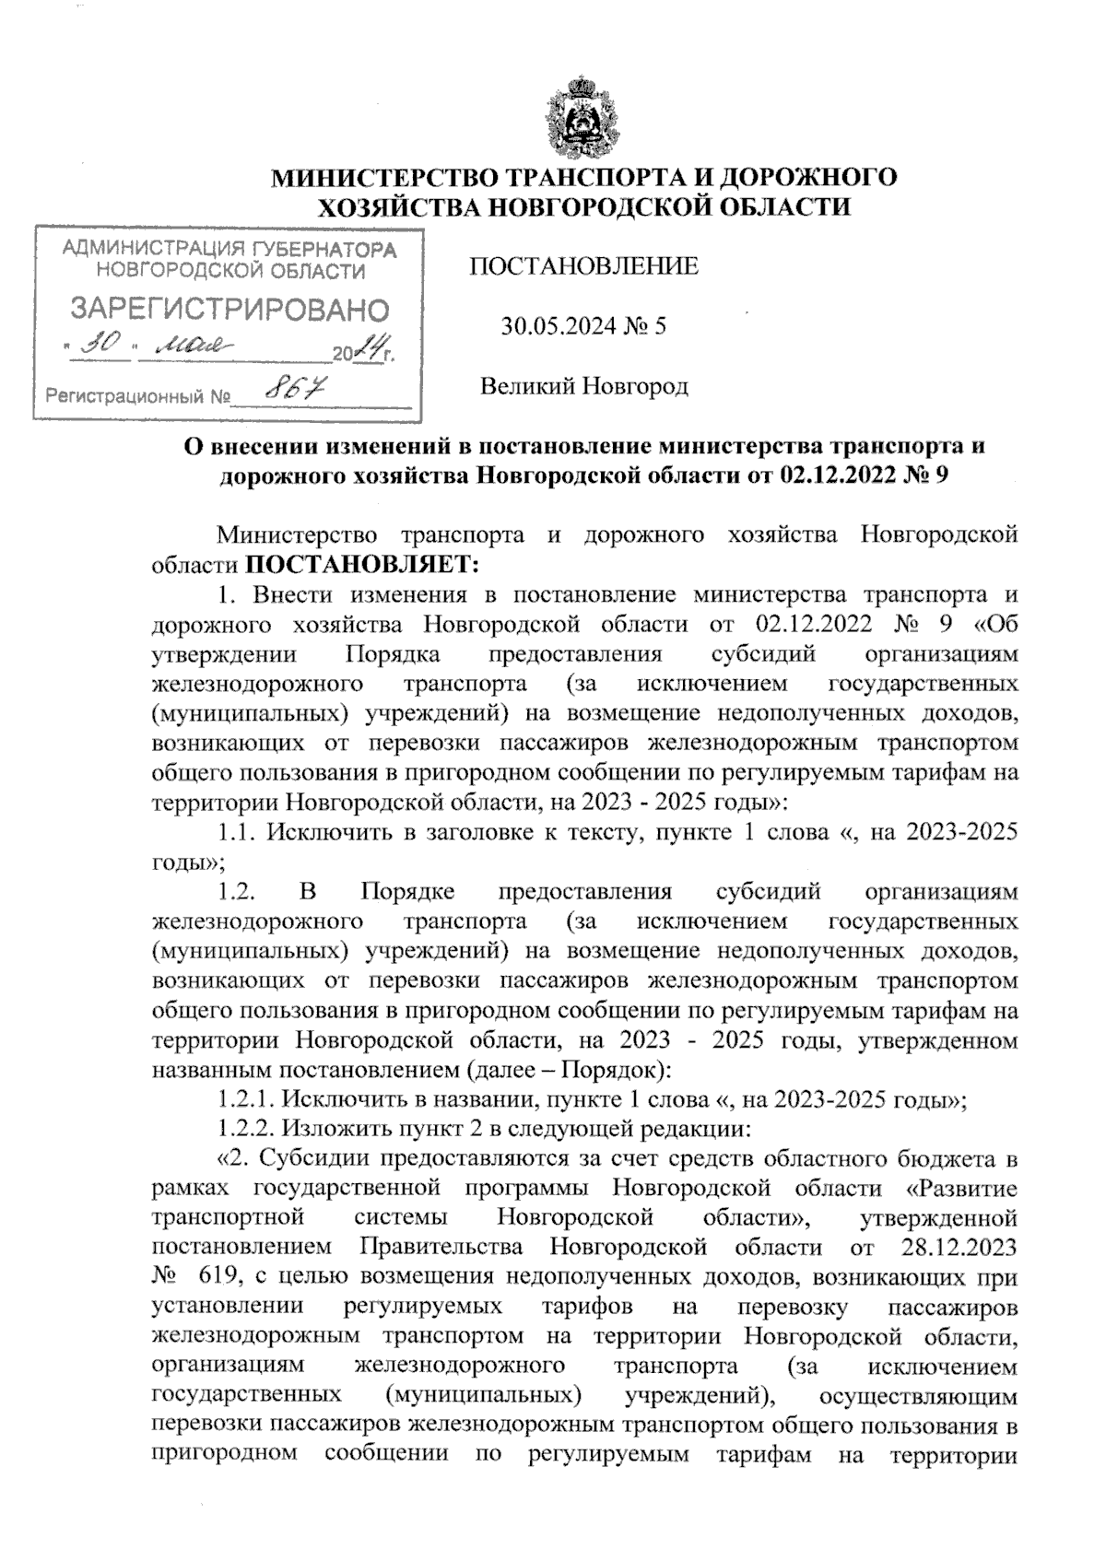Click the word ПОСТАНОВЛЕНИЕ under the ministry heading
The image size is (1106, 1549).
pyautogui.click(x=583, y=266)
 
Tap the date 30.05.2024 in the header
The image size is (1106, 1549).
pyautogui.click(x=555, y=325)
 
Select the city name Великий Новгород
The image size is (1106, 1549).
pyautogui.click(x=583, y=385)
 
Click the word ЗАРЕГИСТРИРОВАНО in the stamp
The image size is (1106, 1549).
pyautogui.click(x=230, y=309)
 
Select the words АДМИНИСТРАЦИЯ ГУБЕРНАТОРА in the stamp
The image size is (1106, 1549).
pyautogui.click(x=230, y=249)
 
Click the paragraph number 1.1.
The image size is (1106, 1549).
pyautogui.click(x=239, y=832)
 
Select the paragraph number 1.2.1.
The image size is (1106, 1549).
pyautogui.click(x=244, y=1098)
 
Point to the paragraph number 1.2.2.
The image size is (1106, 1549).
pyautogui.click(x=244, y=1128)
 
